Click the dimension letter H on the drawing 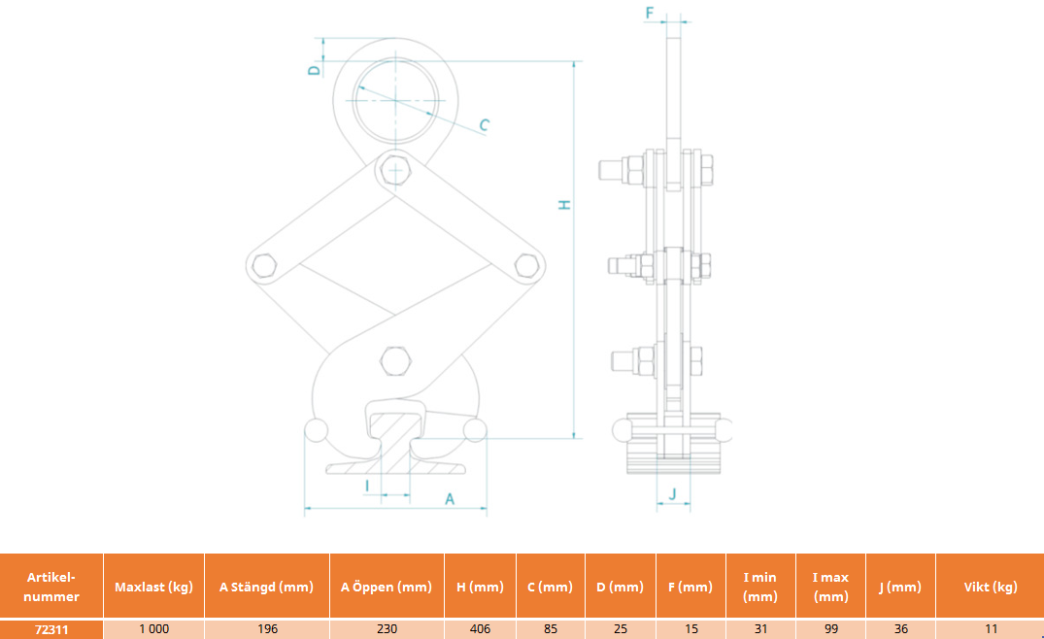coord(564,204)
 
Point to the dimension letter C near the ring coord(484,124)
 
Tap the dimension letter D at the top coord(315,70)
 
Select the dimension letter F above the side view coord(650,13)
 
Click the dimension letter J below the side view coord(672,494)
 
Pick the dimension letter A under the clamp coord(450,498)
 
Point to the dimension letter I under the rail coord(367,487)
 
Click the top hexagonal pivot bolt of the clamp coord(395,170)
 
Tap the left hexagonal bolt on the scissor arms coord(264,265)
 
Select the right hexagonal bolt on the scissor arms coord(526,265)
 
